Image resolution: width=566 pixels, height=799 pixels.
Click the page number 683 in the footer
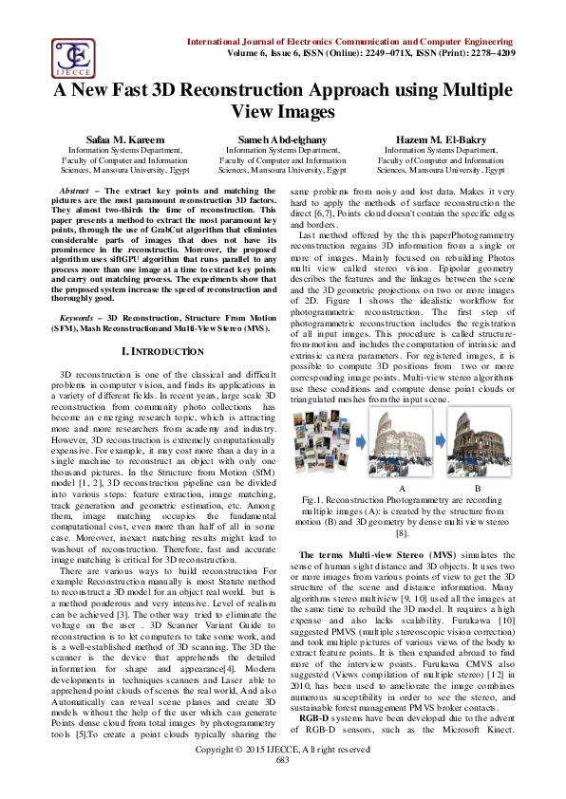[x=282, y=787]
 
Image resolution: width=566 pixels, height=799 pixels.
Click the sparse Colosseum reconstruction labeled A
[x=404, y=450]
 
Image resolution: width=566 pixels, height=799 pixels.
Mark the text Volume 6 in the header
[x=268, y=54]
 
